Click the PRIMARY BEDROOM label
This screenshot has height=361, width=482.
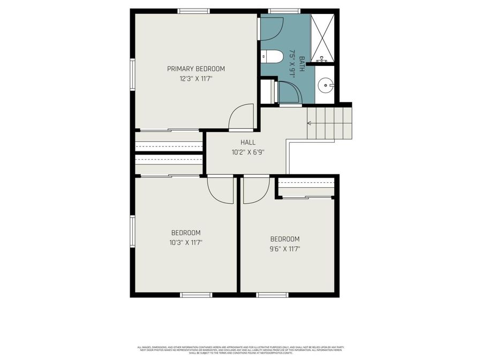(x=195, y=68)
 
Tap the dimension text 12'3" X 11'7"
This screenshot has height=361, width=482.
(x=195, y=79)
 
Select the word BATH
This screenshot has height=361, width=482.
(x=302, y=64)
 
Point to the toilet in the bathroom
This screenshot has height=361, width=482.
(x=272, y=56)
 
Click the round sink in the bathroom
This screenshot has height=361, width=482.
(x=325, y=85)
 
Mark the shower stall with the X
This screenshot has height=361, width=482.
(x=323, y=36)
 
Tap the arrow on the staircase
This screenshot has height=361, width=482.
(x=309, y=122)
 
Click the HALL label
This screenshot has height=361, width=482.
(x=247, y=142)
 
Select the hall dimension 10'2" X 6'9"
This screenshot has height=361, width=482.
(x=247, y=152)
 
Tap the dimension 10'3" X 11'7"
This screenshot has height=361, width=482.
(x=186, y=242)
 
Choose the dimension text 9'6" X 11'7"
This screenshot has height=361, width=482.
(x=284, y=249)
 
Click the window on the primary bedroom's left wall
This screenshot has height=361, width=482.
(x=132, y=74)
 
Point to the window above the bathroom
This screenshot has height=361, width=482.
(x=284, y=10)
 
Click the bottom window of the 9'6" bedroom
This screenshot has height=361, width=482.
(x=272, y=295)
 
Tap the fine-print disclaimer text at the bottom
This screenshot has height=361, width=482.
(x=241, y=349)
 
